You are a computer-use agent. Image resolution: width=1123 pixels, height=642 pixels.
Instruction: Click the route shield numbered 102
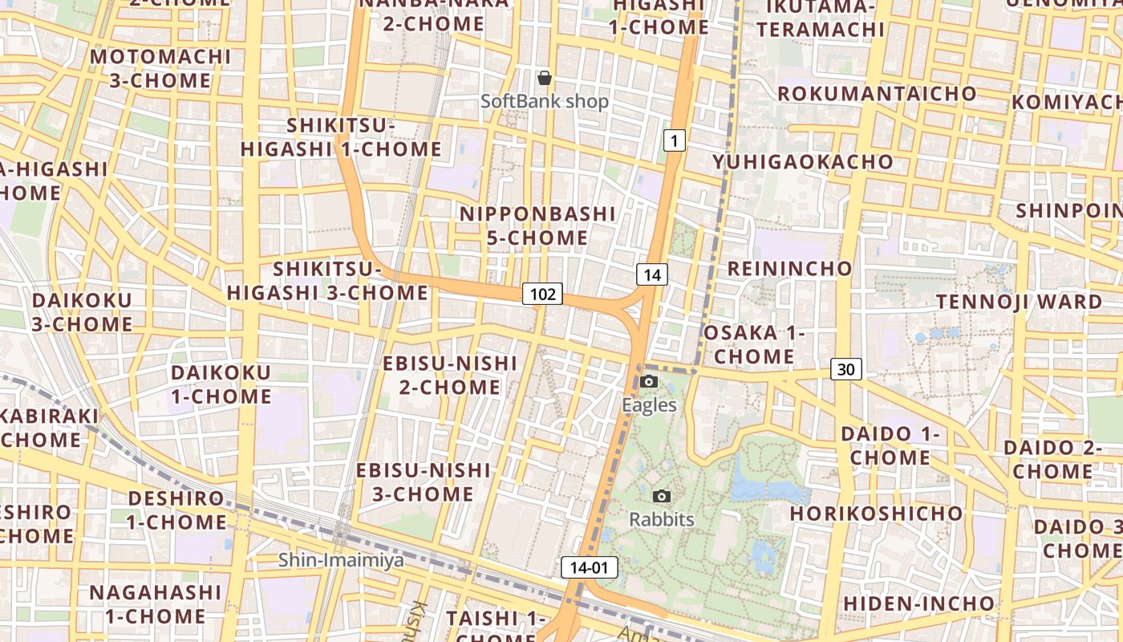pos(543,294)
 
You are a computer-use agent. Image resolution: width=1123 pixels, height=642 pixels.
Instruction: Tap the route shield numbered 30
pos(846,369)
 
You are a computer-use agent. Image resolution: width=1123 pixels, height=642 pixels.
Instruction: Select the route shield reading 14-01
pos(590,567)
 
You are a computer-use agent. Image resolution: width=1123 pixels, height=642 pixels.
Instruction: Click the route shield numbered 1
pos(675,141)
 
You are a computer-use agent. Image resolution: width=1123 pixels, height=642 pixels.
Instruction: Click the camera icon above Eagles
pos(650,382)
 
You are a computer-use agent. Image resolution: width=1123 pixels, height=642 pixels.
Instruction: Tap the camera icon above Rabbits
pos(662,497)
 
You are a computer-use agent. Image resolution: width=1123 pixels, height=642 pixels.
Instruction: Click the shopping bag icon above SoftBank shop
pos(545,78)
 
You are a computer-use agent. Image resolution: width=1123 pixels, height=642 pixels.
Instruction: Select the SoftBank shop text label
pos(545,102)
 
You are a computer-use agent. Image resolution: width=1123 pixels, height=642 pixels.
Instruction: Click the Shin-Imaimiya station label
pos(341,560)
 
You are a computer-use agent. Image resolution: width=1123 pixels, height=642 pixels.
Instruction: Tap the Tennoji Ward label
pos(1020,302)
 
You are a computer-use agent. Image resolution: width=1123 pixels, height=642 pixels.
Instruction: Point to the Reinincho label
pos(789,268)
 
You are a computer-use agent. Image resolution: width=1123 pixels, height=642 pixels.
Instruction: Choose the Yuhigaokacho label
pos(803,162)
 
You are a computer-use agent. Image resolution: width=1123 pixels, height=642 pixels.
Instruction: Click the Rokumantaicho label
pos(877,93)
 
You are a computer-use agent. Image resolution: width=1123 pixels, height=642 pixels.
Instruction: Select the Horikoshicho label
pos(876,513)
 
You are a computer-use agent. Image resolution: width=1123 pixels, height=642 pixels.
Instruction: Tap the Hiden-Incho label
pos(918,603)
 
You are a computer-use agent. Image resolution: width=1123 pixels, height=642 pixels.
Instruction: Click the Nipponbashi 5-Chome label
pos(537,226)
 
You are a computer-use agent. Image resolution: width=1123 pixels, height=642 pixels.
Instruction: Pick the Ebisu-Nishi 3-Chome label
pos(423,481)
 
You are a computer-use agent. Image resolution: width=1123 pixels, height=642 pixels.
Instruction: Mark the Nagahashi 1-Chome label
pos(155,603)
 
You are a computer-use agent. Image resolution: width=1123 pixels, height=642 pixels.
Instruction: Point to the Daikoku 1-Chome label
pos(221,384)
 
